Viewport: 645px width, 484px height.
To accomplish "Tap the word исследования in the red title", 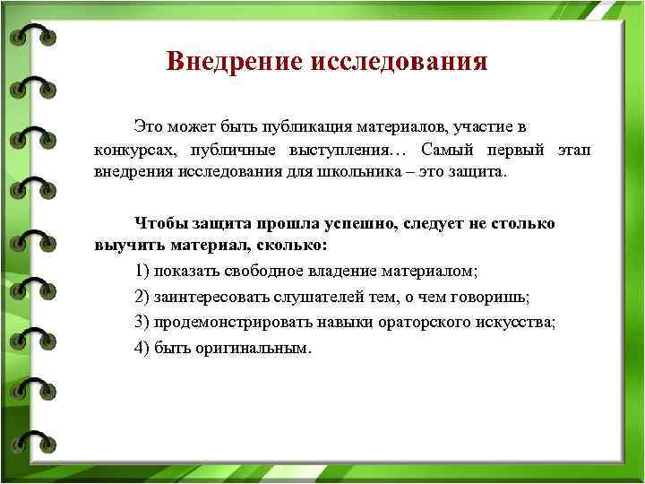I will click(x=399, y=62).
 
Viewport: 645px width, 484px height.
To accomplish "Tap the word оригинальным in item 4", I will click(x=261, y=348).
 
